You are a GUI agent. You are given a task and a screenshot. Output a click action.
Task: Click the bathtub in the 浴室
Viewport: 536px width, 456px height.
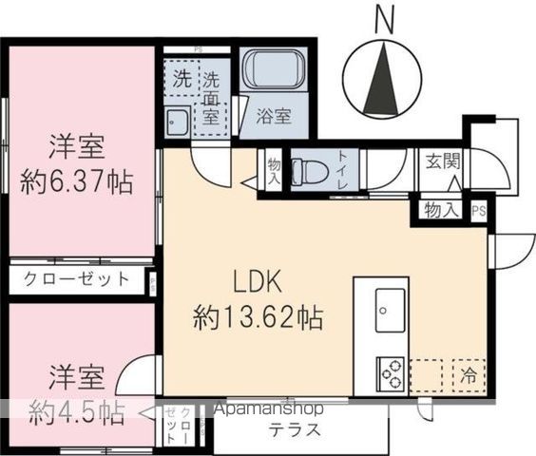(275, 72)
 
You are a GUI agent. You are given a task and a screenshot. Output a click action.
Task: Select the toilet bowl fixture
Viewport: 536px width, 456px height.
(307, 172)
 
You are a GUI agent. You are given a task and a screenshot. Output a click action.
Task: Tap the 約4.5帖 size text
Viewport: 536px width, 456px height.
(74, 411)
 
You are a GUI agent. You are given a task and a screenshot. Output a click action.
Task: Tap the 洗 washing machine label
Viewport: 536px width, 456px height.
(180, 79)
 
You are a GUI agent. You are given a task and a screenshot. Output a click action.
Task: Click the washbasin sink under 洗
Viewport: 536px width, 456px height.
(177, 121)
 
